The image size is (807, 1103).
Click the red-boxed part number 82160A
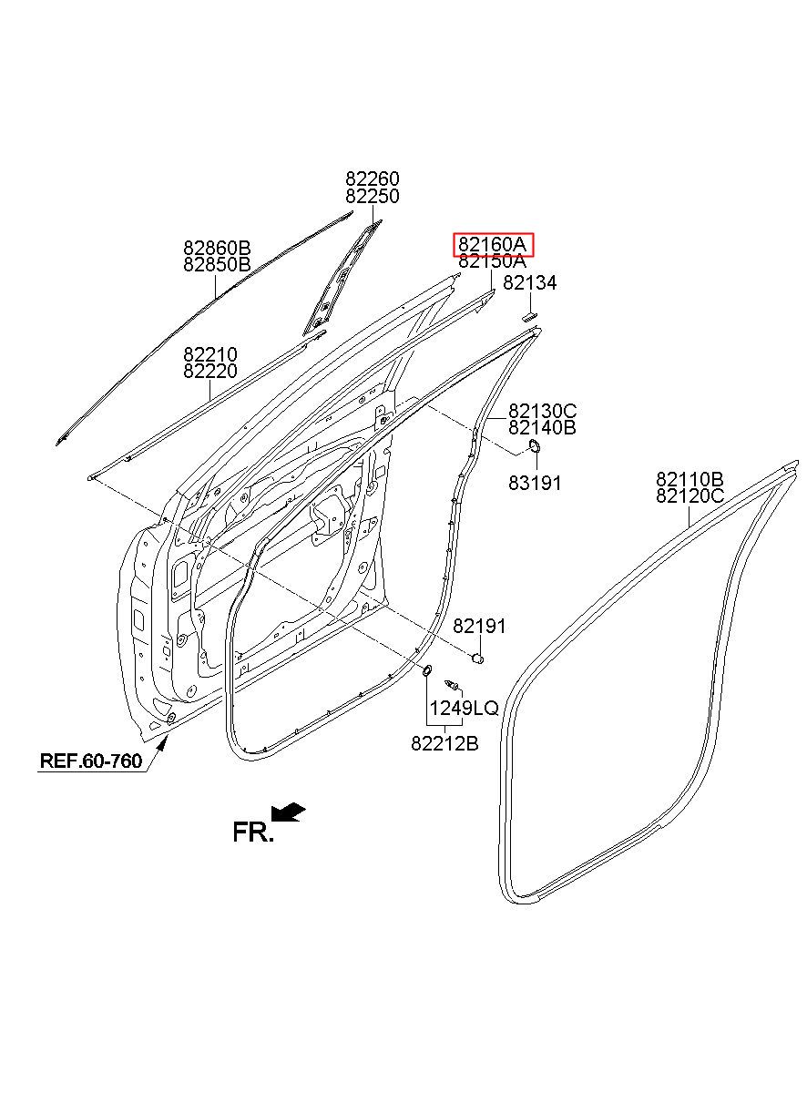click(492, 244)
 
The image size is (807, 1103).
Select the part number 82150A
click(492, 261)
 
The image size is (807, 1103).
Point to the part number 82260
click(373, 179)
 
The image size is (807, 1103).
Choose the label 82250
click(373, 196)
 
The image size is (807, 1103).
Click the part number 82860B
click(217, 247)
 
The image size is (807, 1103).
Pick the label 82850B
click(217, 264)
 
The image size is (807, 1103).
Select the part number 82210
click(210, 354)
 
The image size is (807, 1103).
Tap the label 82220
click(210, 372)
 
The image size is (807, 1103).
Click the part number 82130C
click(542, 410)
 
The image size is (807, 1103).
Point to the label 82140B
click(542, 427)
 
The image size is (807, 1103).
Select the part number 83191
click(535, 483)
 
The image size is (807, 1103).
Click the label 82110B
click(690, 478)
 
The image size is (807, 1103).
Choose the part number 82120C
click(690, 495)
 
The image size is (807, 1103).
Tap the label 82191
click(479, 627)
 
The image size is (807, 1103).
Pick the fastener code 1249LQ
click(465, 708)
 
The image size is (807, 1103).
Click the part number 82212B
click(444, 743)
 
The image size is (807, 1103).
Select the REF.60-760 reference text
click(91, 761)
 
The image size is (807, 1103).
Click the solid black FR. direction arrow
click(289, 812)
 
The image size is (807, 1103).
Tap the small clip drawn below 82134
click(529, 316)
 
